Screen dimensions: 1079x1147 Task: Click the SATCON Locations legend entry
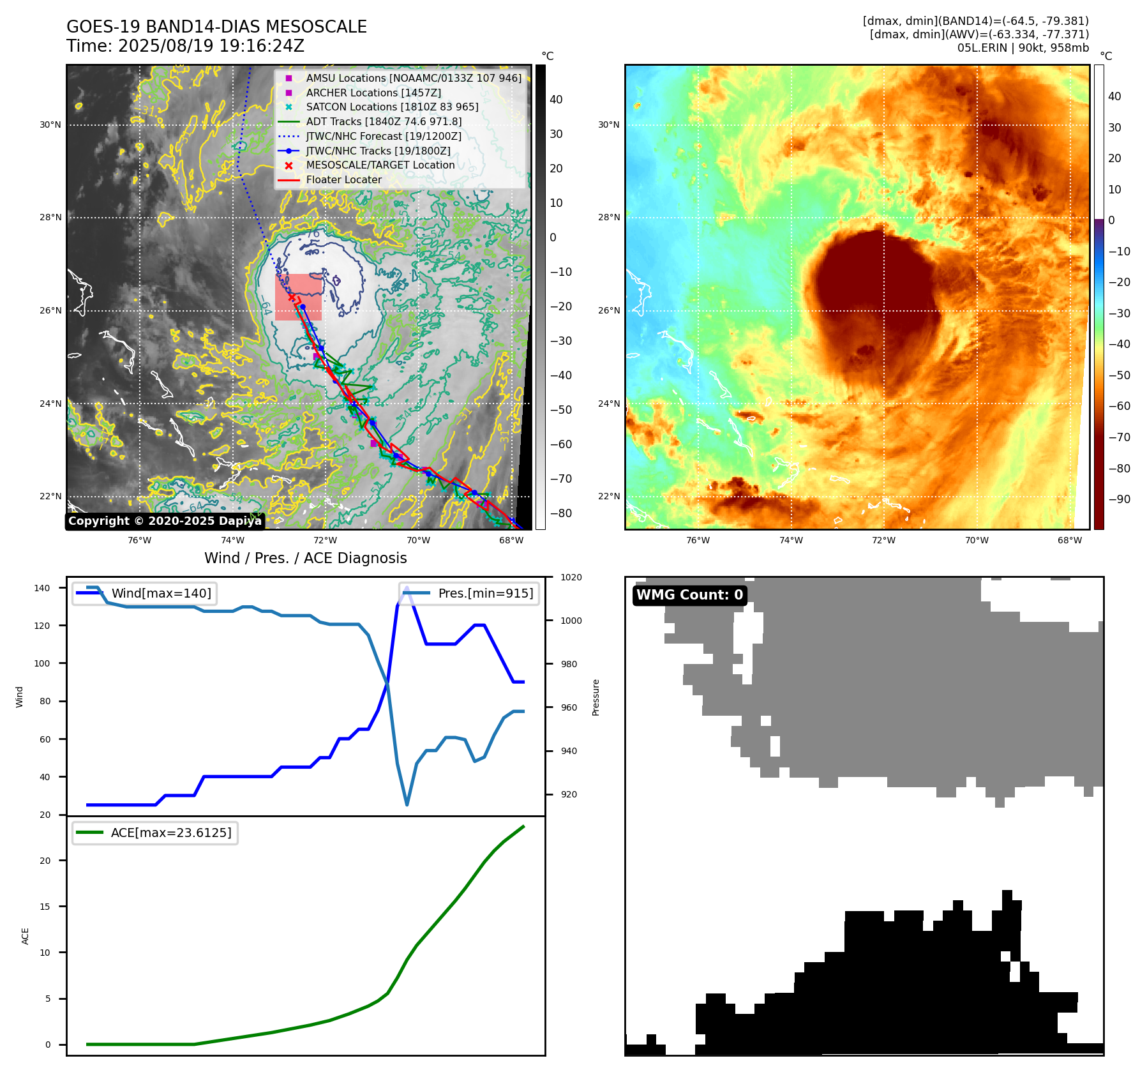(x=392, y=107)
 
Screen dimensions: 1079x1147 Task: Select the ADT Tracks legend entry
(x=384, y=121)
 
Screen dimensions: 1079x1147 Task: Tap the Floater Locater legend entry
(x=343, y=179)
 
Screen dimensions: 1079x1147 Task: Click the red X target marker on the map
(x=292, y=297)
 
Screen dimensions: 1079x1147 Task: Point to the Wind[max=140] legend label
(x=161, y=593)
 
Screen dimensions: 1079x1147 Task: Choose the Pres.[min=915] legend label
(x=485, y=593)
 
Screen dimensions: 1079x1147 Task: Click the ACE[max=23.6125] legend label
(x=170, y=833)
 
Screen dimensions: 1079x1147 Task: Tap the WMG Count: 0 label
(x=689, y=595)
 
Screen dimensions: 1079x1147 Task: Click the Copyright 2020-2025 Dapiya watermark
(x=165, y=521)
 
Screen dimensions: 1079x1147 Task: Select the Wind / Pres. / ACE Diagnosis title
(x=305, y=558)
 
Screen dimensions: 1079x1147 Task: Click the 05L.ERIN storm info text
(x=1023, y=48)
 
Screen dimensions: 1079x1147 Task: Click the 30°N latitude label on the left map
(x=50, y=125)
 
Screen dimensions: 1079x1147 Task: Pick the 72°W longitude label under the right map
(x=883, y=541)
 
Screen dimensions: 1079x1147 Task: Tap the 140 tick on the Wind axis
(x=42, y=588)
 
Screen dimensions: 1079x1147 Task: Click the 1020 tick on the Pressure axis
(x=571, y=578)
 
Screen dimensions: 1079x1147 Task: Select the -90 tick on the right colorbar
(x=1119, y=499)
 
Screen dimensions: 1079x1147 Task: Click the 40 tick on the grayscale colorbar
(x=556, y=100)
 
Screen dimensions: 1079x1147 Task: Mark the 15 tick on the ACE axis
(x=45, y=907)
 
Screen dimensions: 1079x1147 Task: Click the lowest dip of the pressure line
(x=407, y=804)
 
